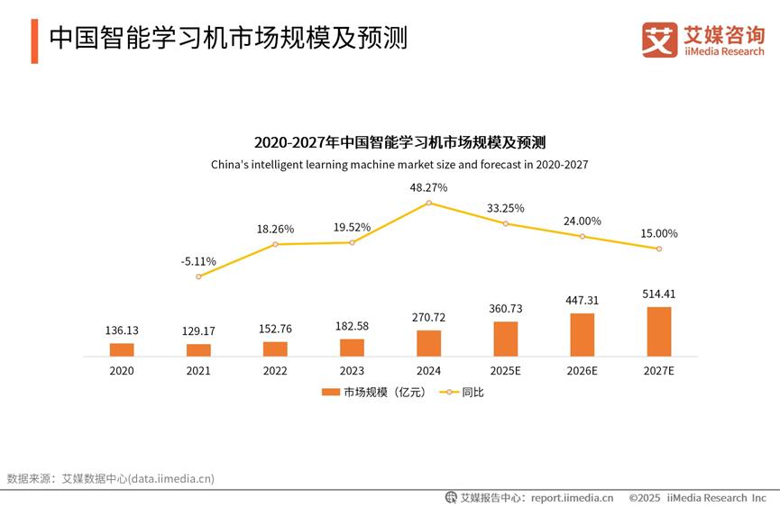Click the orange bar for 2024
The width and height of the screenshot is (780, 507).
pyautogui.click(x=428, y=343)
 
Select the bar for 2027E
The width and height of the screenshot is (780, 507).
pyautogui.click(x=659, y=331)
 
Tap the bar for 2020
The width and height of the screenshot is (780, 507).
pyautogui.click(x=122, y=349)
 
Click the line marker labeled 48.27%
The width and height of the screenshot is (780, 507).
pyautogui.click(x=428, y=203)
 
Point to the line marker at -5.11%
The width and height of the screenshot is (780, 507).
pyautogui.click(x=198, y=276)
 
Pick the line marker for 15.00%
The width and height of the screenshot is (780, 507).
pyautogui.click(x=659, y=249)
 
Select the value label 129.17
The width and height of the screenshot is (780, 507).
pyautogui.click(x=198, y=330)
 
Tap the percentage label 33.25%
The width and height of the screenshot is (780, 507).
pyautogui.click(x=505, y=208)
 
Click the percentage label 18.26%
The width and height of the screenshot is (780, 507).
pyautogui.click(x=275, y=229)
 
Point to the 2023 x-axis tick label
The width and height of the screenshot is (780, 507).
pyautogui.click(x=352, y=370)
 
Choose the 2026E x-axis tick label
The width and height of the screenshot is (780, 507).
pyautogui.click(x=582, y=370)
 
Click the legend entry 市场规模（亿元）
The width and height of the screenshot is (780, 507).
pyautogui.click(x=373, y=392)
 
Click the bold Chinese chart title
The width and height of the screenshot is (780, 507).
pyautogui.click(x=399, y=143)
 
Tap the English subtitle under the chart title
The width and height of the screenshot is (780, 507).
pyautogui.click(x=399, y=165)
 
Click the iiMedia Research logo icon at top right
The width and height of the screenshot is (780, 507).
pyautogui.click(x=659, y=41)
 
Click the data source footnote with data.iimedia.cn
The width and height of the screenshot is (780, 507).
pyautogui.click(x=111, y=478)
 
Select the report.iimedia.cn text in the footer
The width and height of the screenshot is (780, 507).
pyautogui.click(x=572, y=497)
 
